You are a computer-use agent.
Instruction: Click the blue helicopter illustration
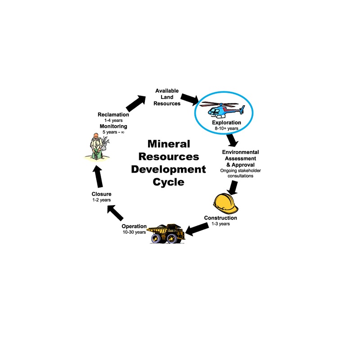(x=222, y=110)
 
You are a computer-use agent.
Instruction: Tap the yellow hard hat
(x=225, y=204)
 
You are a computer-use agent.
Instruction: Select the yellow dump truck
(x=166, y=234)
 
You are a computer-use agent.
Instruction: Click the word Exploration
(x=226, y=122)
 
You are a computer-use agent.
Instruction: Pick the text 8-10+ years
(x=226, y=129)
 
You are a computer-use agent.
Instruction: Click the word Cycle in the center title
(x=168, y=182)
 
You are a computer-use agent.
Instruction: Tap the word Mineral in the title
(x=169, y=144)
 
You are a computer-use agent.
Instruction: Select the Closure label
(x=102, y=194)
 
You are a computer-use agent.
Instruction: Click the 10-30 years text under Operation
(x=134, y=232)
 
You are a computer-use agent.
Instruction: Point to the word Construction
(x=220, y=218)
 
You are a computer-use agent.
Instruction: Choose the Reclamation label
(x=113, y=115)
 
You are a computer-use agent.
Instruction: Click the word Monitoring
(x=113, y=126)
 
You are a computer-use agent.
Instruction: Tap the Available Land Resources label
(x=167, y=97)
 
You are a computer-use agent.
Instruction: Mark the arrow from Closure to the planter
(x=98, y=176)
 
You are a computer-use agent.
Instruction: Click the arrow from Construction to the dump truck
(x=197, y=229)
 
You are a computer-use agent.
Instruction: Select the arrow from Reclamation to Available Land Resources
(x=136, y=103)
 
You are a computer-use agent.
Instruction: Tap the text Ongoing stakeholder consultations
(x=240, y=173)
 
